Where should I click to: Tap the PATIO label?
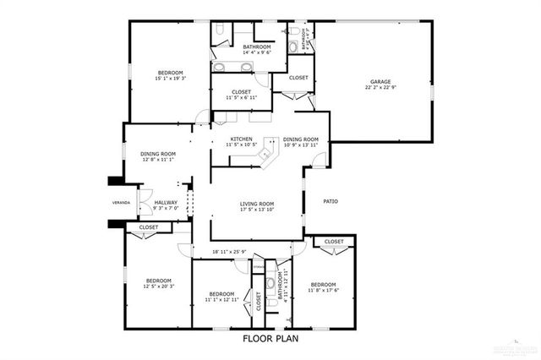[x=331, y=201]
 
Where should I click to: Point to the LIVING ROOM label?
[x=257, y=203]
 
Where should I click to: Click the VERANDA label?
[x=122, y=204]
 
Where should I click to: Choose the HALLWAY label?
[x=166, y=202]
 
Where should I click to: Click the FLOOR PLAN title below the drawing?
[x=270, y=338]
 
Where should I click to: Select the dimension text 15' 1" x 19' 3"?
[x=170, y=79]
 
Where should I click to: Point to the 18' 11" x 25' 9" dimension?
[x=229, y=252]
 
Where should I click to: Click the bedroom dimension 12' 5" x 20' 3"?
[x=158, y=286]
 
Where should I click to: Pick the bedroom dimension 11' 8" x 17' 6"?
[x=323, y=290]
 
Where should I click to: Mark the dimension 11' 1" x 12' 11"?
[x=221, y=299]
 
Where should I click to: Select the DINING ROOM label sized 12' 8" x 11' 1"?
[x=157, y=153]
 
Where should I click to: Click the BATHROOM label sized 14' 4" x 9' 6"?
[x=256, y=47]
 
